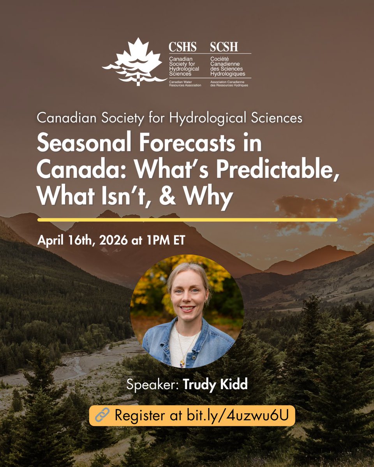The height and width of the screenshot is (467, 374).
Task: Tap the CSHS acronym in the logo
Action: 182,47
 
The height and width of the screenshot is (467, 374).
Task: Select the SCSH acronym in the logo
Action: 224,47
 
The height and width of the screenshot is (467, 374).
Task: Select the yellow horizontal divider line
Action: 187,219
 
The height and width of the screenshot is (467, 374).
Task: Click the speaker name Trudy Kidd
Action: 215,386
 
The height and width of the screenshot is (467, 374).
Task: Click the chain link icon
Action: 102,415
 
